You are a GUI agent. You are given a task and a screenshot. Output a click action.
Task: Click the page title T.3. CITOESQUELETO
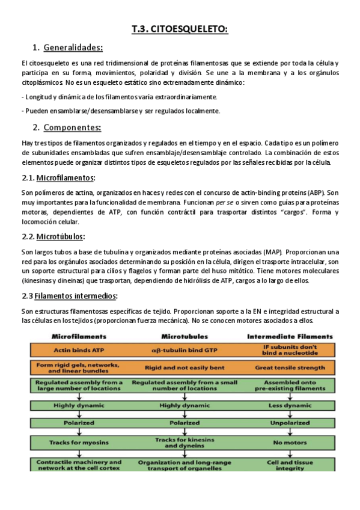[180, 29]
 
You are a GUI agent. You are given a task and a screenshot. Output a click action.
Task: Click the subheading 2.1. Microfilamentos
[58, 179]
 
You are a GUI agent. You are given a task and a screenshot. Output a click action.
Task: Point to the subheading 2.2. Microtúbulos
[53, 236]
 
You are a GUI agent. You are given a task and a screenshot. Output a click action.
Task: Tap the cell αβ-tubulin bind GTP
[185, 349]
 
